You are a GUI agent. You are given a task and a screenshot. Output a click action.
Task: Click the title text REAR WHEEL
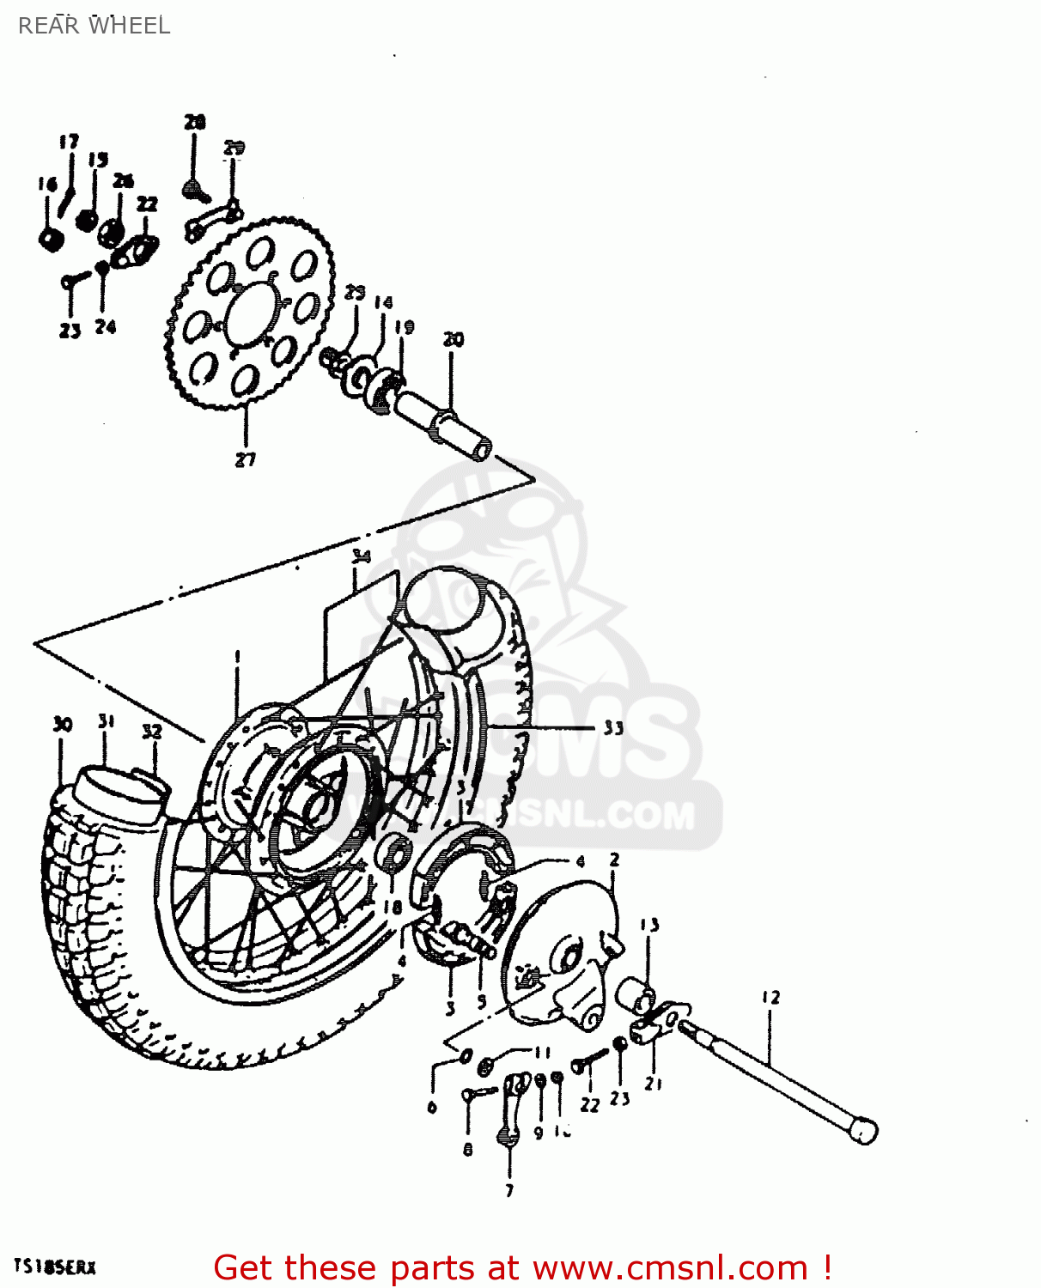94,26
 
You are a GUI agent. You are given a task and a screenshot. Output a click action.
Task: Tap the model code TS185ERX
55,1267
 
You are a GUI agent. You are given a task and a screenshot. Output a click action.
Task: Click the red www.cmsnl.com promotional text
522,1267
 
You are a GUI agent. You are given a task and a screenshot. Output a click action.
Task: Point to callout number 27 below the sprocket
246,459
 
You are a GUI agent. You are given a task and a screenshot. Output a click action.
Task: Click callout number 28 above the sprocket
195,122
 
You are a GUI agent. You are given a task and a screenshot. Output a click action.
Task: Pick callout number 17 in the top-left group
69,142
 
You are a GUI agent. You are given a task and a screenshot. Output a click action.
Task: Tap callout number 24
105,327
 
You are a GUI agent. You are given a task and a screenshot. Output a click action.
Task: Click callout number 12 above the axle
770,998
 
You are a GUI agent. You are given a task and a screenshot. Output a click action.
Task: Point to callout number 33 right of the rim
612,728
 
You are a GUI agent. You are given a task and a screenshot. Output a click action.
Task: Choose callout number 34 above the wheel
361,556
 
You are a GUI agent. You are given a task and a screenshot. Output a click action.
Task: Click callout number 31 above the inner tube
106,721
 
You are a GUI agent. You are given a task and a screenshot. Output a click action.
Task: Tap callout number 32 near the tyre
151,732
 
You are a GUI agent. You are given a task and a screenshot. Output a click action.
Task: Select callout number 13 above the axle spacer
649,925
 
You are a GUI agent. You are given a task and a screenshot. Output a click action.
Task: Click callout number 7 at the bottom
509,1190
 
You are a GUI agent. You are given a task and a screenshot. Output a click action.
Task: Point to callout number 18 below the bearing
393,907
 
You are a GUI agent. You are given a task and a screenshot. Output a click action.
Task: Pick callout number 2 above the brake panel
614,860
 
